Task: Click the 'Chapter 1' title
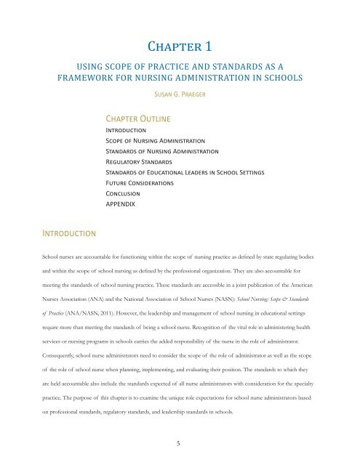[179, 48]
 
